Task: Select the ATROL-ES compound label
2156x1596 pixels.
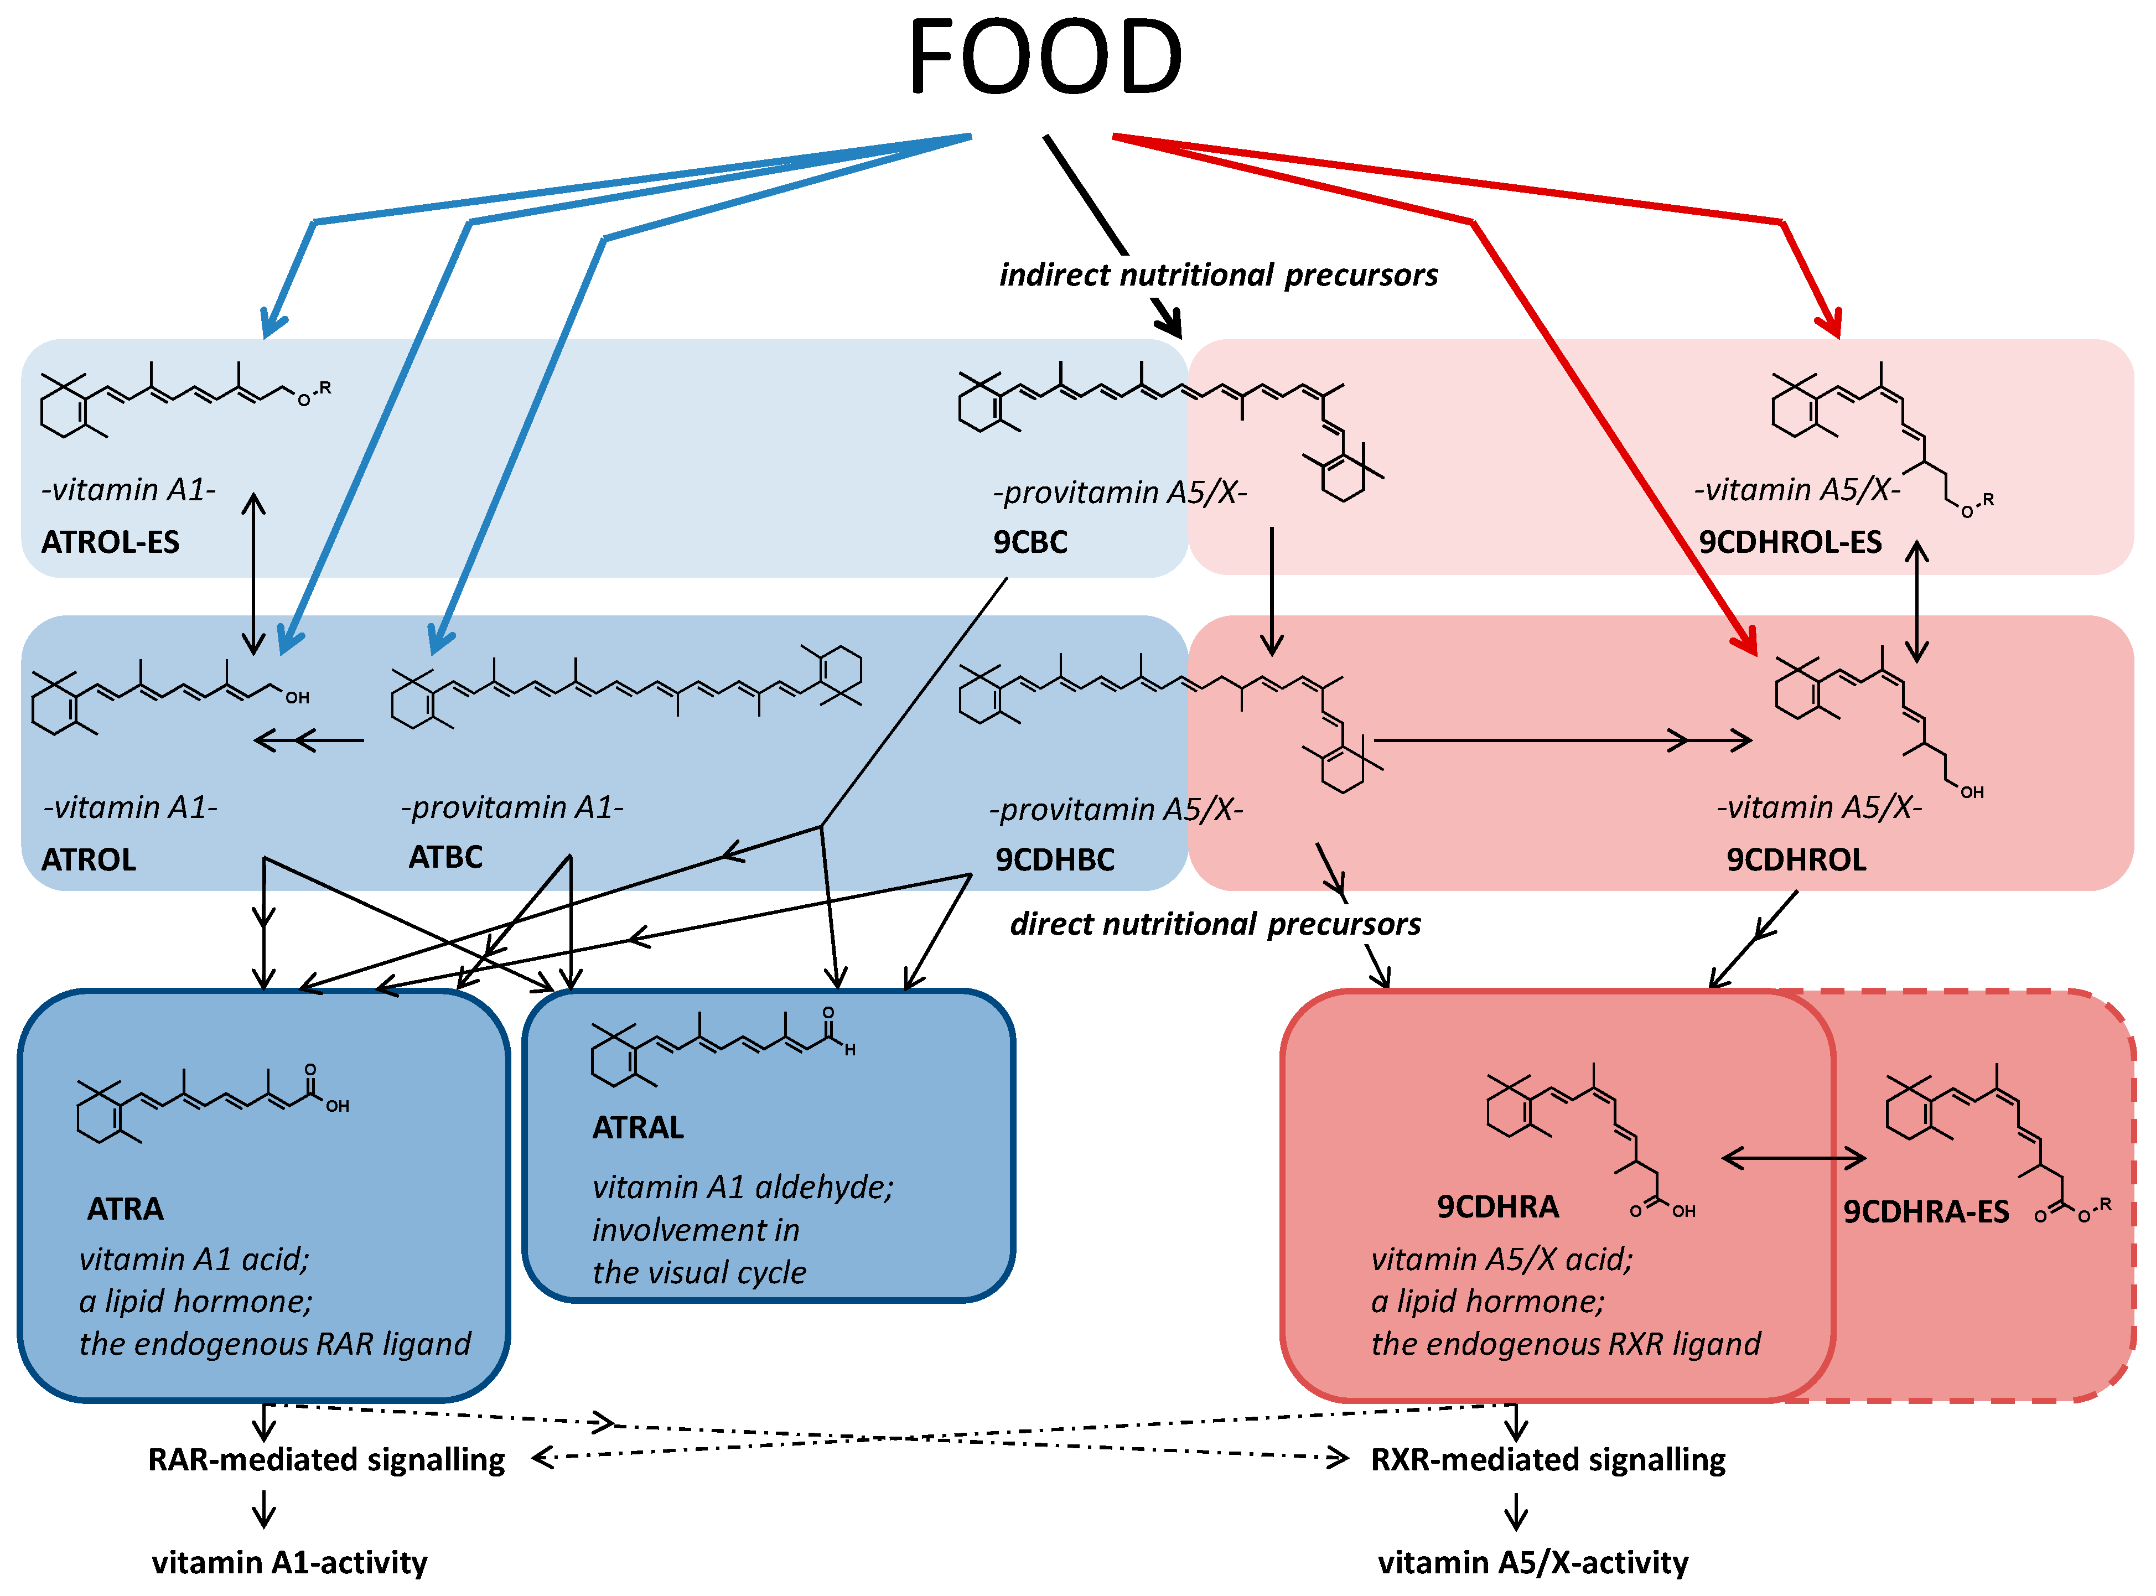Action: pyautogui.click(x=110, y=542)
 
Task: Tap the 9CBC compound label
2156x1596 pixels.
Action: pyautogui.click(x=1030, y=542)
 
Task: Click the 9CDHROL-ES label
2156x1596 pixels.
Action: pyautogui.click(x=1789, y=542)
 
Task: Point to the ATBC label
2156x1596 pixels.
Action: pyautogui.click(x=445, y=857)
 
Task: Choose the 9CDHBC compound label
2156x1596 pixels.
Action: pyautogui.click(x=1055, y=859)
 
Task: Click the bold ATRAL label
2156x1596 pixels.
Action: pyautogui.click(x=638, y=1127)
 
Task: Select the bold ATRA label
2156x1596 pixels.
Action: pyautogui.click(x=126, y=1209)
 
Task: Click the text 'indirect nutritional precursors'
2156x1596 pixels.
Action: pyautogui.click(x=1218, y=276)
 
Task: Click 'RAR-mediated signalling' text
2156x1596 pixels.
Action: pyautogui.click(x=326, y=1459)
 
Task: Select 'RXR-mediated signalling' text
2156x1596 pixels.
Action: pyautogui.click(x=1547, y=1459)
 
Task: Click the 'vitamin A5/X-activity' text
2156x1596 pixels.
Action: pyautogui.click(x=1533, y=1562)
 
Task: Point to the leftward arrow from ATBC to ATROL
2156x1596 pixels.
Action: pyautogui.click(x=309, y=741)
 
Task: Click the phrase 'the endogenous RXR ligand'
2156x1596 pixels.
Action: pyautogui.click(x=1565, y=1344)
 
